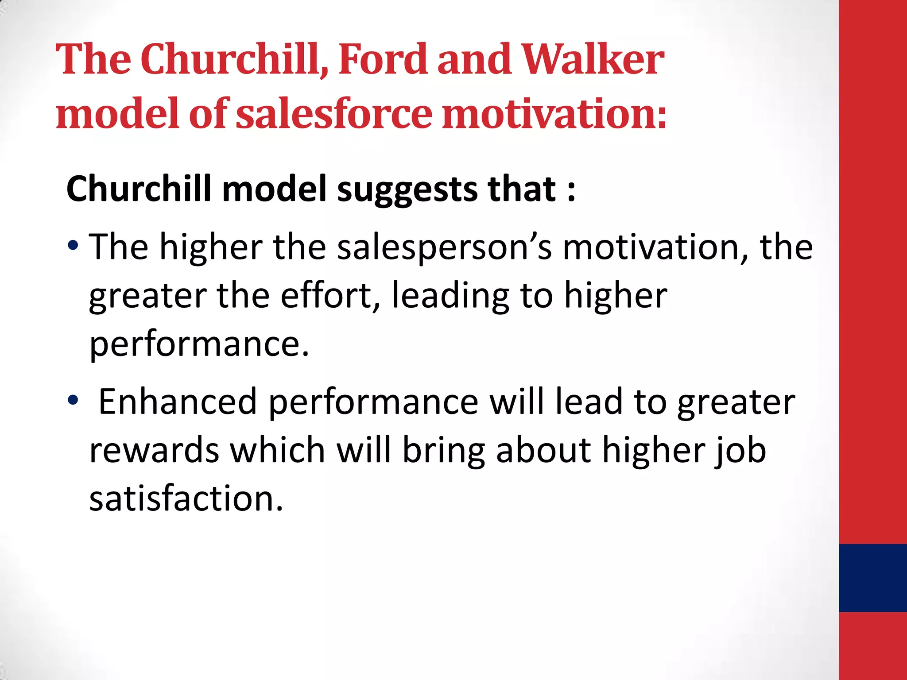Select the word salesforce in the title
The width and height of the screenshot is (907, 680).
(333, 114)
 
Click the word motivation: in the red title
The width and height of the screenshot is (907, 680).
(554, 114)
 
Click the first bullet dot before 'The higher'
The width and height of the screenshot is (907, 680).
(74, 245)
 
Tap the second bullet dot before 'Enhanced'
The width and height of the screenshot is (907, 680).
(73, 400)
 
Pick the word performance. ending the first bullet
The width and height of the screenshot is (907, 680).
(199, 345)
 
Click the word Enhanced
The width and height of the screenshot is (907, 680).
(178, 402)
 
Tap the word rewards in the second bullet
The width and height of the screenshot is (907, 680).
(154, 451)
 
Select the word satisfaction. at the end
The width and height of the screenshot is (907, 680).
(186, 499)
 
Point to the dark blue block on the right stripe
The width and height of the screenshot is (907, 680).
(872, 578)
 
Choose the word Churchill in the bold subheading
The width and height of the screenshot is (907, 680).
(139, 189)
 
